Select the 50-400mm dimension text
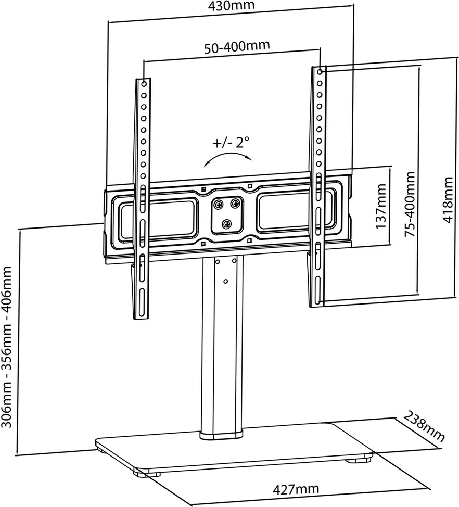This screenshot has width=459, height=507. (x=237, y=46)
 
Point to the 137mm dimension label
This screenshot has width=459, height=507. (x=381, y=207)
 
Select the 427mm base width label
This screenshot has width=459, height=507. (x=296, y=489)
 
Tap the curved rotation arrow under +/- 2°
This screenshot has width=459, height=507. (x=228, y=158)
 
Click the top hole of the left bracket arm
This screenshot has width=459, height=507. (x=143, y=83)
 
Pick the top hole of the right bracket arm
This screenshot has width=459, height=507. (x=320, y=70)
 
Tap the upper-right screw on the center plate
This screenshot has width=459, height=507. (x=235, y=203)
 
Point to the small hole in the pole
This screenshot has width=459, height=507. (x=225, y=282)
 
